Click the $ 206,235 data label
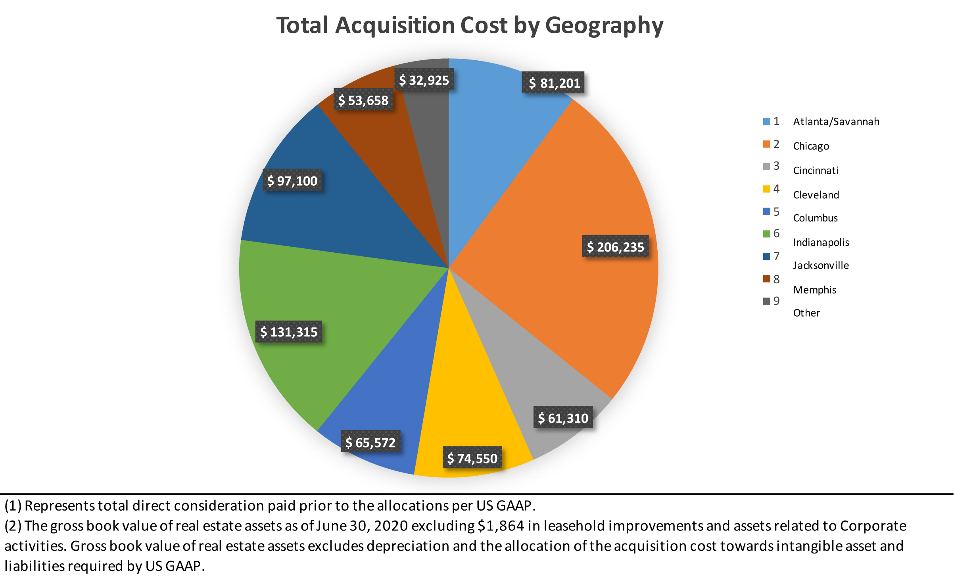(615, 247)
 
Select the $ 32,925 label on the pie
(424, 80)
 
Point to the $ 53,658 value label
(363, 100)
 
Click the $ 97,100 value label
(292, 181)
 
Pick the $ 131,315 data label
(289, 332)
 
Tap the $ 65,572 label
(370, 442)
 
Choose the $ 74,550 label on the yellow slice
(472, 458)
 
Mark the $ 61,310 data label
(563, 418)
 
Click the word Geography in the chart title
(604, 25)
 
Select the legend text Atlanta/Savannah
(836, 121)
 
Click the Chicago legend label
(811, 146)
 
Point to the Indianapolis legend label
(821, 242)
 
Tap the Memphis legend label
(814, 290)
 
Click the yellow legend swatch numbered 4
(766, 189)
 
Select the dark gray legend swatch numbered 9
(766, 301)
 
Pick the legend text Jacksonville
(821, 265)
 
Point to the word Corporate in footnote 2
(873, 526)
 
